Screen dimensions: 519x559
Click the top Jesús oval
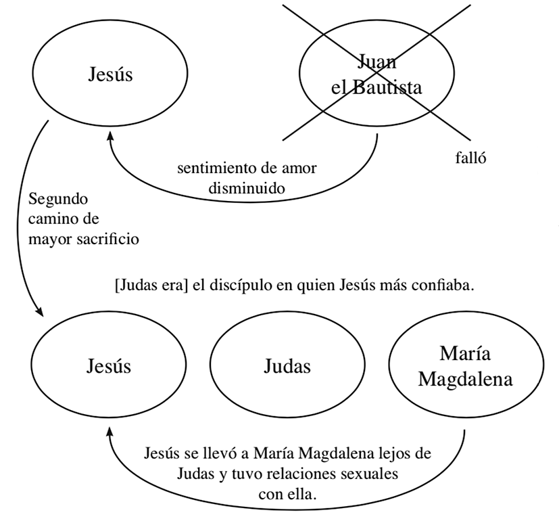click(x=110, y=74)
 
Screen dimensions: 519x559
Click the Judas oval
click(x=287, y=366)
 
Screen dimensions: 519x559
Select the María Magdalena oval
click(x=465, y=366)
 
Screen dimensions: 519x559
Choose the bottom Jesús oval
click(x=109, y=366)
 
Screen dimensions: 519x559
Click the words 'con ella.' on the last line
click(x=287, y=493)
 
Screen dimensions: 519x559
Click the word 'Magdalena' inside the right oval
click(x=465, y=378)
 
